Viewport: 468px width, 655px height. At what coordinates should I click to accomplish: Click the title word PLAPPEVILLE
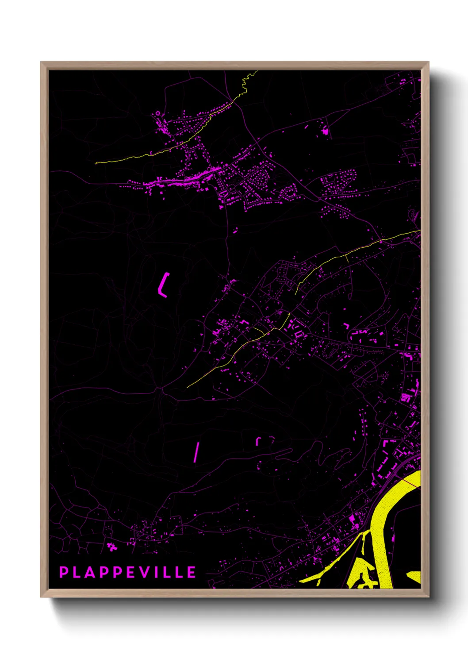(x=128, y=572)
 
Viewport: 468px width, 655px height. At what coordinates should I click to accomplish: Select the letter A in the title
(x=90, y=572)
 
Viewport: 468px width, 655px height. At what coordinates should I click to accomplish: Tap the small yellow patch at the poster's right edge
(x=415, y=576)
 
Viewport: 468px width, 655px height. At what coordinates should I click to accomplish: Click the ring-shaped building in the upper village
(x=157, y=114)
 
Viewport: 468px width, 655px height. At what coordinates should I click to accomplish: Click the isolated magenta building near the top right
(x=326, y=131)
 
